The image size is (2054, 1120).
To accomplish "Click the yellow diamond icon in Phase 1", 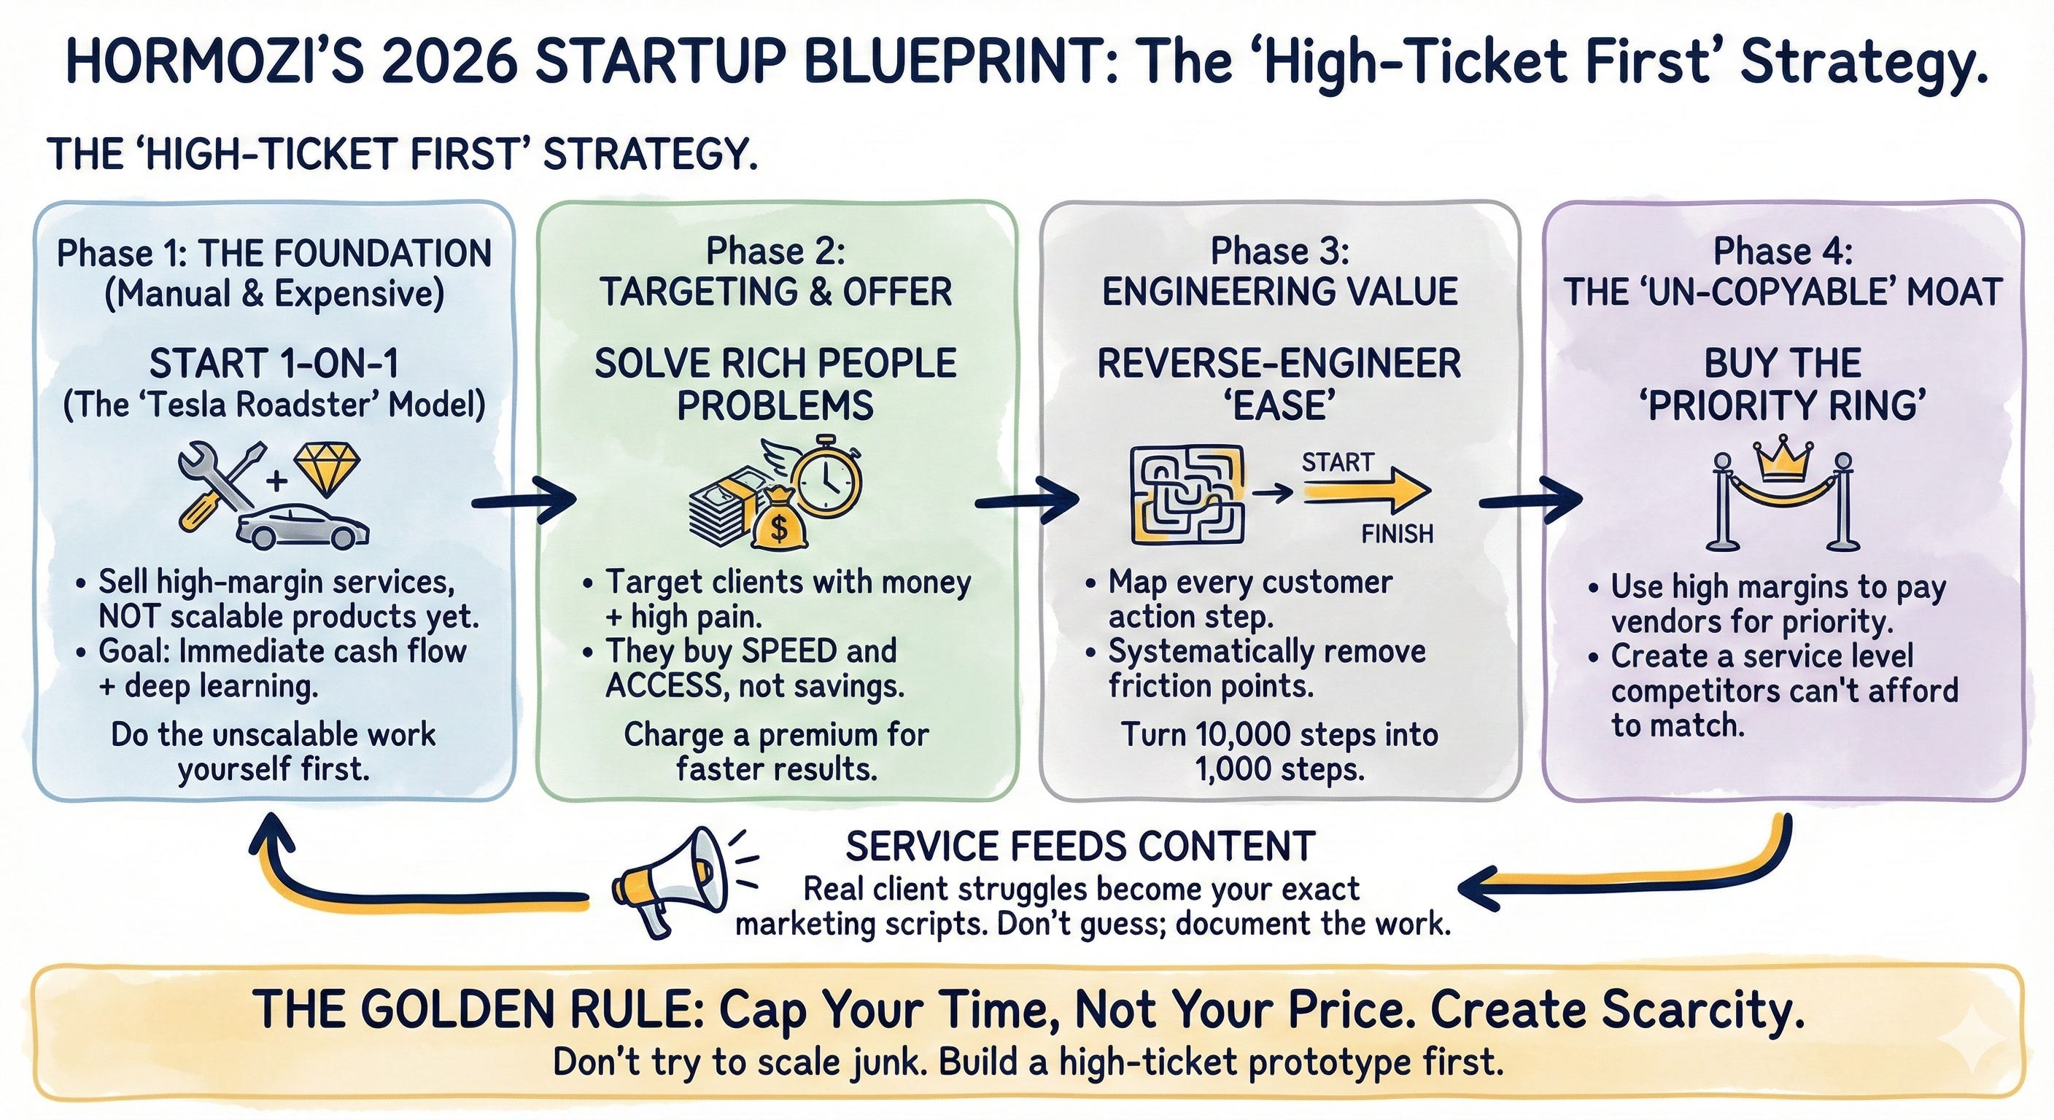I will (x=327, y=470).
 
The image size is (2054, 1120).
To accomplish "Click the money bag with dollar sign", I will (x=778, y=521).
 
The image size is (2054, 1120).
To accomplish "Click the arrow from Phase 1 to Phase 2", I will (x=524, y=501).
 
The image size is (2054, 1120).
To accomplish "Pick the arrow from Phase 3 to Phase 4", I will (x=1530, y=501).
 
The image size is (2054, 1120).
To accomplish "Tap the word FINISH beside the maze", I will (x=1397, y=533).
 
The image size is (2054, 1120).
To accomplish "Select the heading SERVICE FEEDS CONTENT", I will (x=1080, y=847).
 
